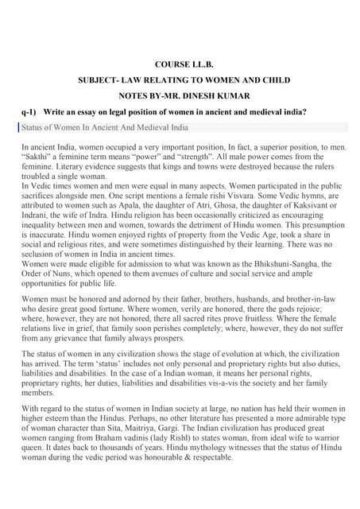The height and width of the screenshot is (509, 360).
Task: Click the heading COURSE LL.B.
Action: pos(180,64)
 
